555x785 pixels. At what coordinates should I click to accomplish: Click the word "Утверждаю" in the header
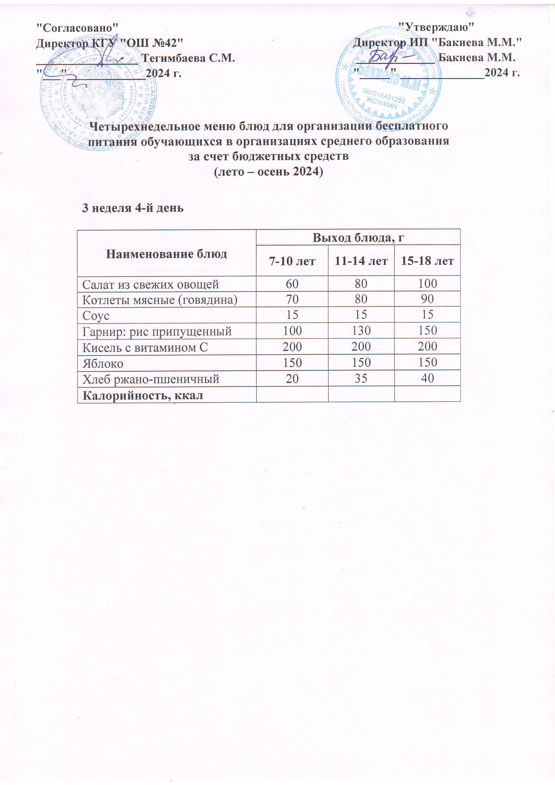pyautogui.click(x=437, y=26)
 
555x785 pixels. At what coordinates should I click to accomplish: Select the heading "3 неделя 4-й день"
pyautogui.click(x=133, y=208)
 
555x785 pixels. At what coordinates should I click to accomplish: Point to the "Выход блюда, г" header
pyautogui.click(x=358, y=238)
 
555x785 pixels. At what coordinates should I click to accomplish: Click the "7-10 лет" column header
pyautogui.click(x=292, y=261)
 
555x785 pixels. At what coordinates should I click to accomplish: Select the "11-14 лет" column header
pyautogui.click(x=361, y=261)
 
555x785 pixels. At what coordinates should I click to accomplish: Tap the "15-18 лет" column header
pyautogui.click(x=427, y=261)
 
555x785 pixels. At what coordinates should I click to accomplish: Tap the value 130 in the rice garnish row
pyautogui.click(x=361, y=331)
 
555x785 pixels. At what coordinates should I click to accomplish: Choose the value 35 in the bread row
pyautogui.click(x=361, y=378)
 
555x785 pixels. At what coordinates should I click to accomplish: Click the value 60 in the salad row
pyautogui.click(x=292, y=284)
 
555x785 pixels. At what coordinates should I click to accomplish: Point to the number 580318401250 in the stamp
pyautogui.click(x=384, y=96)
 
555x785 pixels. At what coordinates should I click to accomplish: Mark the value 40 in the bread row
pyautogui.click(x=427, y=378)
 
